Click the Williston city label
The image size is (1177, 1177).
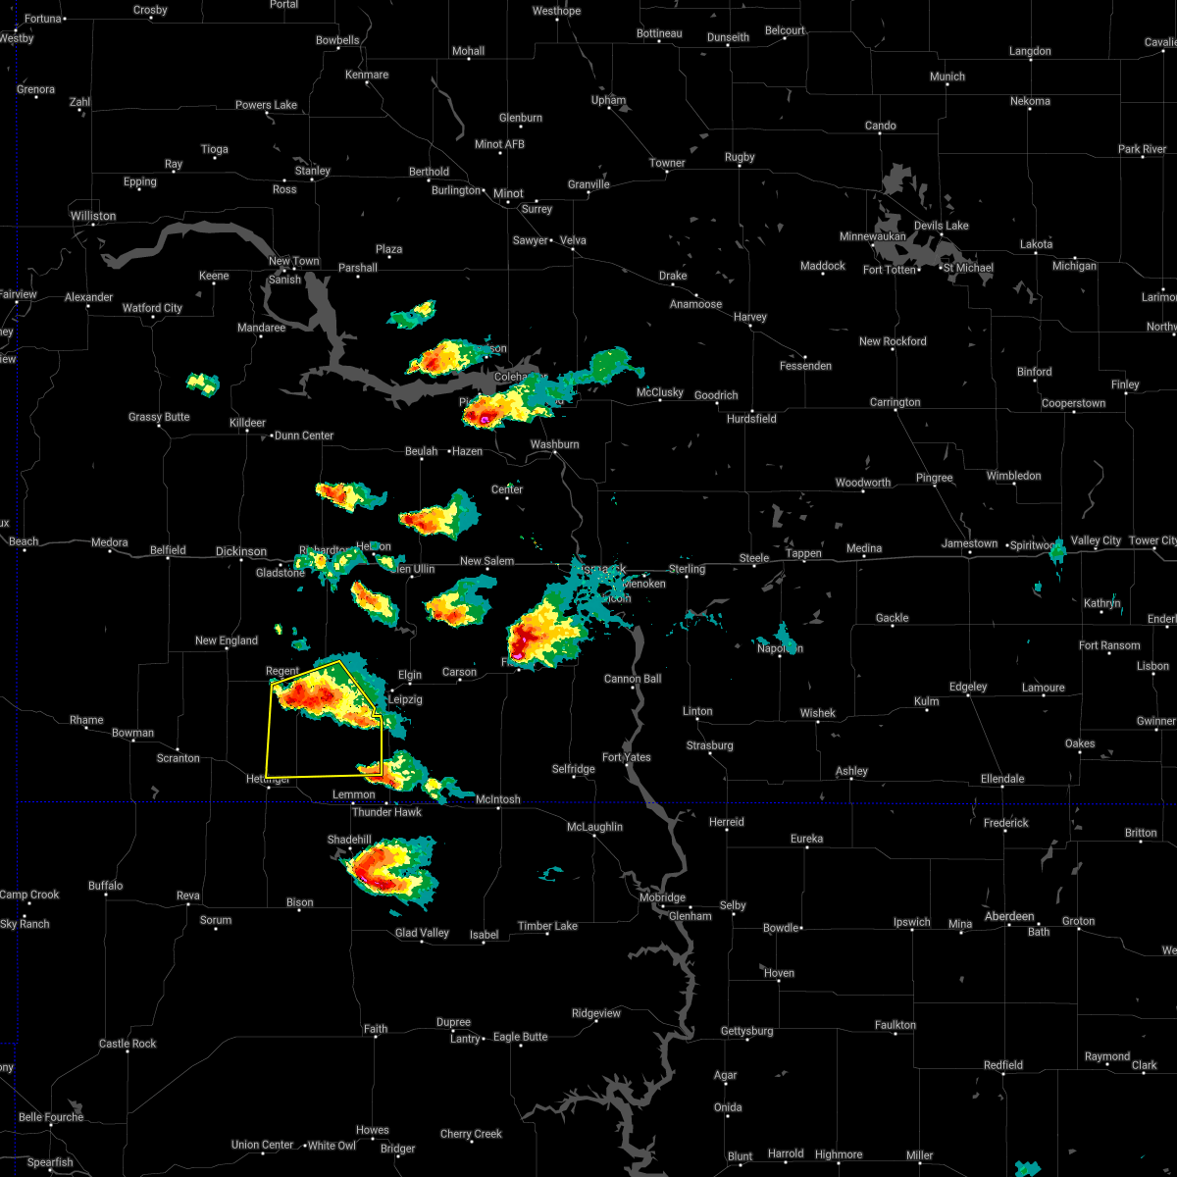tap(92, 216)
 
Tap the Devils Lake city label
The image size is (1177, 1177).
tap(941, 226)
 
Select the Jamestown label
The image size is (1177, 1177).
tap(969, 543)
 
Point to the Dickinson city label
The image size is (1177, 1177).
tap(240, 552)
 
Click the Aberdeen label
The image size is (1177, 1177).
tap(1009, 916)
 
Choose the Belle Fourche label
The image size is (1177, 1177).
tap(51, 1117)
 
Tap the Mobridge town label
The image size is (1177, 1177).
tap(662, 897)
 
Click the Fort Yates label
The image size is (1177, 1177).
tap(627, 757)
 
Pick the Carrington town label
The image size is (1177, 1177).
tap(895, 402)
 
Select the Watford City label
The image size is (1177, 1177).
tap(152, 308)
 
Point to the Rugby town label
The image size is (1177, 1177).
tap(740, 157)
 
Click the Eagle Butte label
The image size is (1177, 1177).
tap(520, 1037)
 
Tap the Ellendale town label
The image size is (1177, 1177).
tap(1000, 779)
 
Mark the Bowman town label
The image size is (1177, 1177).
tap(132, 733)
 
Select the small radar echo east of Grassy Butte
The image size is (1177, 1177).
tap(203, 383)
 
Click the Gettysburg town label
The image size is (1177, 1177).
tap(747, 1031)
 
